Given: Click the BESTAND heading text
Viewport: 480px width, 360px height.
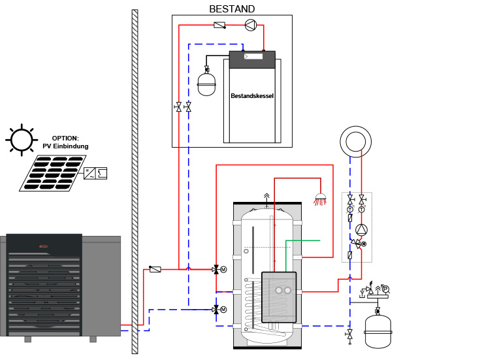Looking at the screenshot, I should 232,9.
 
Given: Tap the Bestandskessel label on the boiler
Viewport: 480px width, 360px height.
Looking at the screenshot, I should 252,96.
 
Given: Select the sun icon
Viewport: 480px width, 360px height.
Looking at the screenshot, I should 20,139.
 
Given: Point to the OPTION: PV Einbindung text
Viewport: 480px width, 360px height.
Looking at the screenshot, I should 65,142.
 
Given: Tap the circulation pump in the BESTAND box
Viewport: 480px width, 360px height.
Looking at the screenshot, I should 249,25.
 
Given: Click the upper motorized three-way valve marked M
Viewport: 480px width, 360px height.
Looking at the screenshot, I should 216,269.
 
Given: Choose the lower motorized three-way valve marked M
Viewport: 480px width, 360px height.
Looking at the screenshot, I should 216,309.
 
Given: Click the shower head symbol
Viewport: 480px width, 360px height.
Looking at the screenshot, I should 320,198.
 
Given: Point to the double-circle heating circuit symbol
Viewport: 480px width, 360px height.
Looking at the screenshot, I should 356,141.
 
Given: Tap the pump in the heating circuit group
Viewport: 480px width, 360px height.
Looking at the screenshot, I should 361,230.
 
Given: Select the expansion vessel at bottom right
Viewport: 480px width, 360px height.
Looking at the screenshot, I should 377,330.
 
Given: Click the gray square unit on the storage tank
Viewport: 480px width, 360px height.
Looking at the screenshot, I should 279,296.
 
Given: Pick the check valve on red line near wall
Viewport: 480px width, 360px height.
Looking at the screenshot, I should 155,269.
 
